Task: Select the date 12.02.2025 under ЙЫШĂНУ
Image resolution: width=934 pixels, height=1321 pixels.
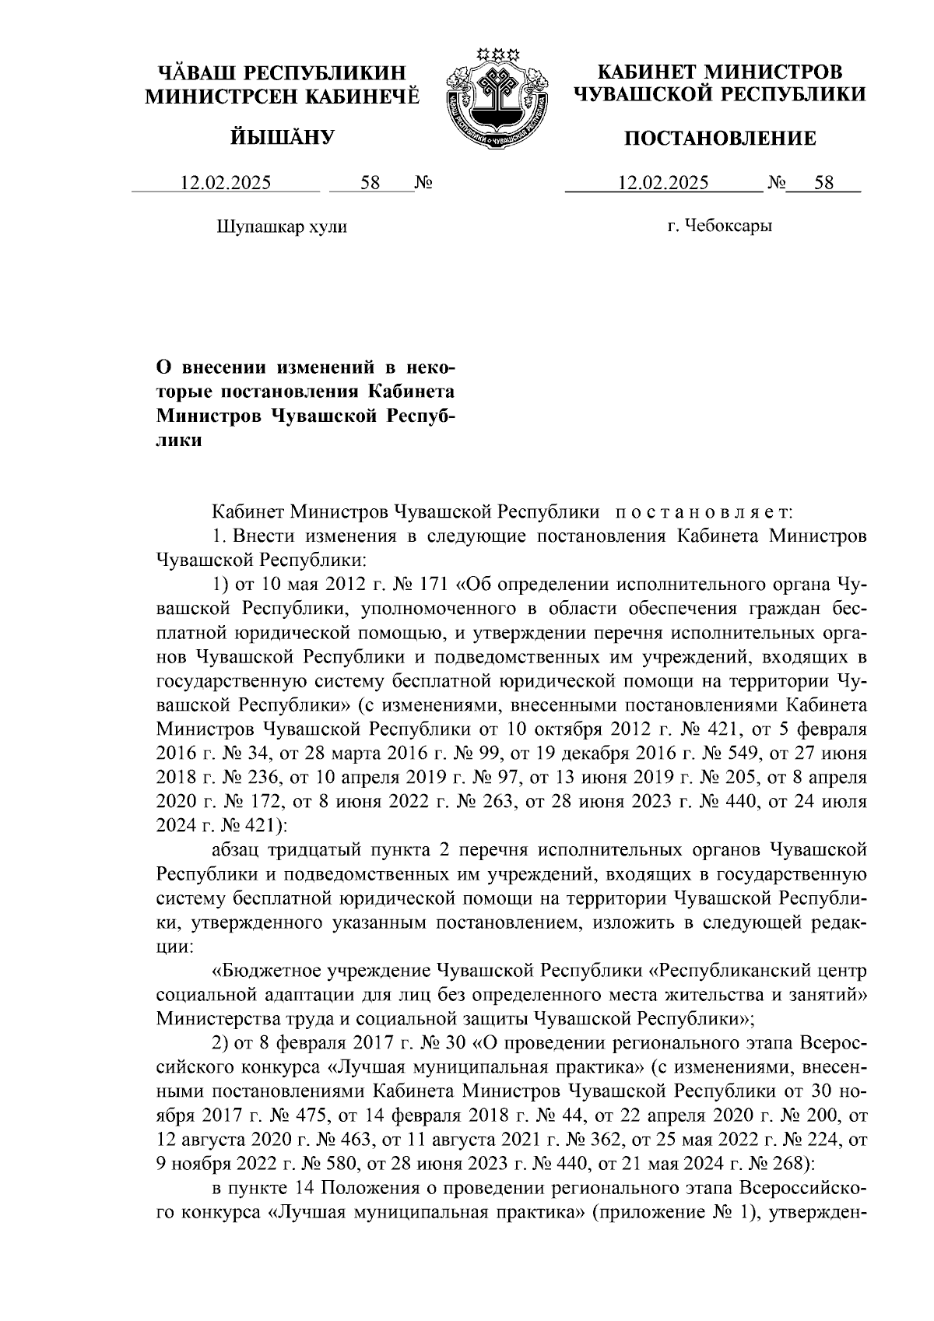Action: (226, 184)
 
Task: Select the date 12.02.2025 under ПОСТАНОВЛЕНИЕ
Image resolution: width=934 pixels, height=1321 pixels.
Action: (663, 184)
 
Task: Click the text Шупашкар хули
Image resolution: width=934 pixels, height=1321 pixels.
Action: (280, 227)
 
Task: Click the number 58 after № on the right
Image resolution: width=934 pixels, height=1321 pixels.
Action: (823, 184)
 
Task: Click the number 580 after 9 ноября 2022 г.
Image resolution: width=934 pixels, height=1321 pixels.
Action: (311, 1162)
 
